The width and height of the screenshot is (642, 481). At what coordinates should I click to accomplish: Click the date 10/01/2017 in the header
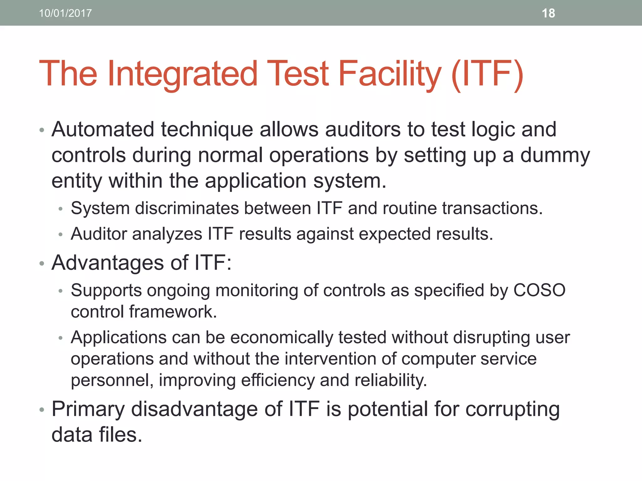coord(65,13)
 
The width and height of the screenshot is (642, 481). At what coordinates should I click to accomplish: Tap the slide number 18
coord(548,13)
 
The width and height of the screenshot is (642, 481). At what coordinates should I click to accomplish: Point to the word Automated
coord(103,129)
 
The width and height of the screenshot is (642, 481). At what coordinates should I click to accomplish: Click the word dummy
coord(555,156)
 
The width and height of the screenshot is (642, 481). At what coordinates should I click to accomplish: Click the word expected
coord(395,235)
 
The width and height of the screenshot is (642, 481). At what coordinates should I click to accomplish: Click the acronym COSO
coord(539,290)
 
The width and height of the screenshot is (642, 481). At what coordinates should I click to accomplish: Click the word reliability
coord(391,380)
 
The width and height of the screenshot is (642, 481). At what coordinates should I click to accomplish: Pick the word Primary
coord(88,410)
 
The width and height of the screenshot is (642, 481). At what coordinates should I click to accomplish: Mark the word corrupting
coord(512,410)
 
